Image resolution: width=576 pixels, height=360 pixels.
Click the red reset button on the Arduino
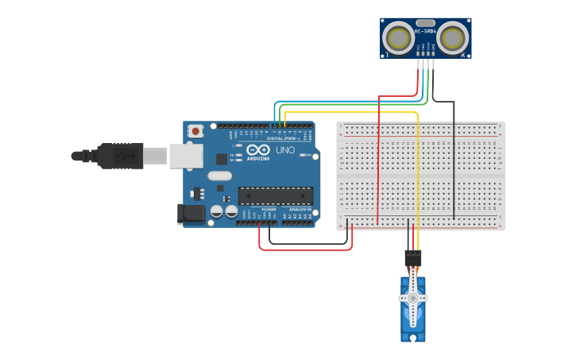tap(195, 131)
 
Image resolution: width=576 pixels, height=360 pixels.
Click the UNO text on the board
tap(284, 150)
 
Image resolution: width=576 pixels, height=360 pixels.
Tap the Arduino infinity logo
tap(258, 149)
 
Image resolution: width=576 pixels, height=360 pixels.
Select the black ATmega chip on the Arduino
tap(276, 195)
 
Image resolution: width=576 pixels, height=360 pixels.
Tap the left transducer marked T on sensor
tap(397, 38)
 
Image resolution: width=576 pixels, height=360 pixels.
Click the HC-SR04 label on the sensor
tap(425, 33)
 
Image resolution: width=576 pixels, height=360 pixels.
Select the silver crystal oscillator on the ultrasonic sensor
tap(425, 23)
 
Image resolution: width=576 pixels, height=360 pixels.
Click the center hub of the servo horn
tap(413, 297)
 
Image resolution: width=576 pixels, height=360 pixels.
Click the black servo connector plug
tap(413, 258)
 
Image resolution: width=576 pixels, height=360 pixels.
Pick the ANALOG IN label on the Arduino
tap(299, 209)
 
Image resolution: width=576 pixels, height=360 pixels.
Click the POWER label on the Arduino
tap(269, 209)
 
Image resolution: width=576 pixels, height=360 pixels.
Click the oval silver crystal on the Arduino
tap(220, 176)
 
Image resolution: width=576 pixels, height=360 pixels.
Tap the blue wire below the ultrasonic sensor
tap(423, 75)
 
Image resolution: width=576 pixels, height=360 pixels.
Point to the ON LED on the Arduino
tap(303, 156)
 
